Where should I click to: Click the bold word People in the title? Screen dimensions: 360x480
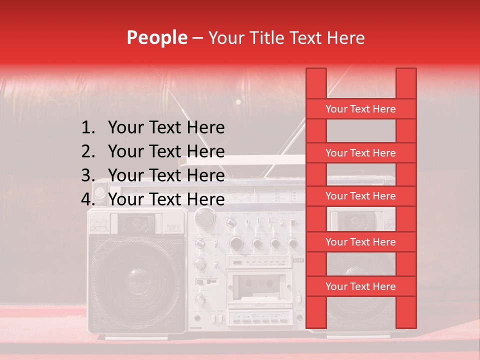pos(156,37)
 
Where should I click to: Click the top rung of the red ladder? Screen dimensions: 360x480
pos(360,109)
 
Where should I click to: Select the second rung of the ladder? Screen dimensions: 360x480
pos(360,153)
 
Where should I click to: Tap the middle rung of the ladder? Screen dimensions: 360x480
pos(360,196)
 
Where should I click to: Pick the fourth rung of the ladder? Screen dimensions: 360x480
pos(360,242)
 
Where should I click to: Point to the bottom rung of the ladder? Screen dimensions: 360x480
pos(360,286)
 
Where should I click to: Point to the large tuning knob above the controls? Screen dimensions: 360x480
pos(204,217)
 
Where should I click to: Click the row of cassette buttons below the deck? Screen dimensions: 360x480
pos(259,318)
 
